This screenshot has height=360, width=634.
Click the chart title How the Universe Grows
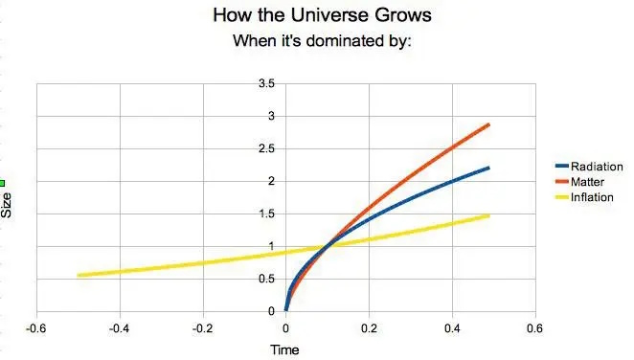(x=316, y=16)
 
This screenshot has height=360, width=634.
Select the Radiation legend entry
(x=596, y=167)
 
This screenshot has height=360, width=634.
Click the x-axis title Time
(x=284, y=350)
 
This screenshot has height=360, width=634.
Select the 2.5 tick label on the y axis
(x=267, y=149)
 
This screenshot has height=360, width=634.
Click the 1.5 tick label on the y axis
(x=267, y=214)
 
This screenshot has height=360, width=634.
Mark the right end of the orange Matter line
(x=489, y=124)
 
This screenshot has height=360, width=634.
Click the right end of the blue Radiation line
(x=488, y=168)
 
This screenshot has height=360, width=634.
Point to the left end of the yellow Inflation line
(x=79, y=276)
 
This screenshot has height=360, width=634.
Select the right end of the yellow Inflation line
(x=488, y=215)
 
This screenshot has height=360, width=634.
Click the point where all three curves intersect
(x=328, y=246)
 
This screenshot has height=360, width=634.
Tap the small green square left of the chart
(x=3, y=183)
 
